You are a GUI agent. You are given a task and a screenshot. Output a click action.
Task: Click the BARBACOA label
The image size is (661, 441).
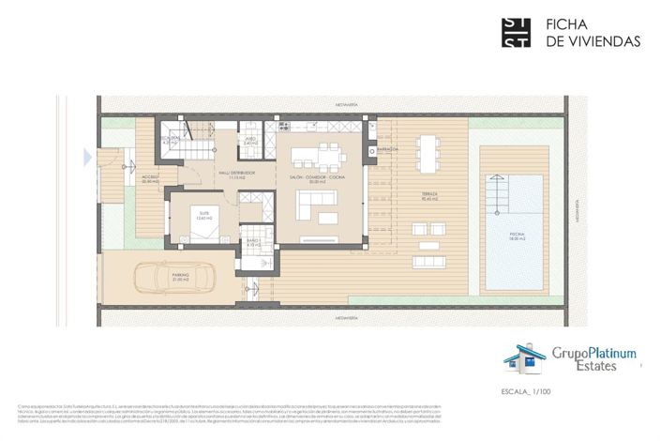click(389, 149)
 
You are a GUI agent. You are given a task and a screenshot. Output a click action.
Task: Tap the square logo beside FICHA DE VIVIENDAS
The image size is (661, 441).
click(517, 32)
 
